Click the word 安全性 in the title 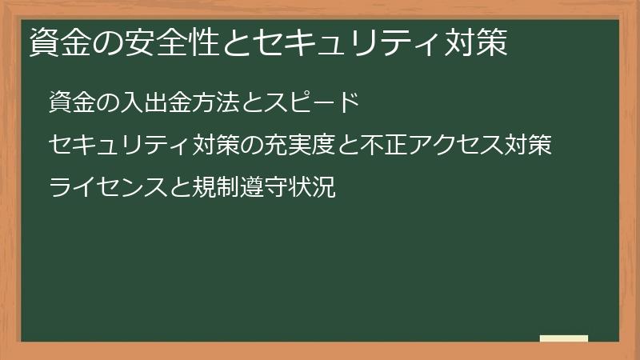point(164,43)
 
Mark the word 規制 point(228,189)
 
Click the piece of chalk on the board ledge point(564,338)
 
